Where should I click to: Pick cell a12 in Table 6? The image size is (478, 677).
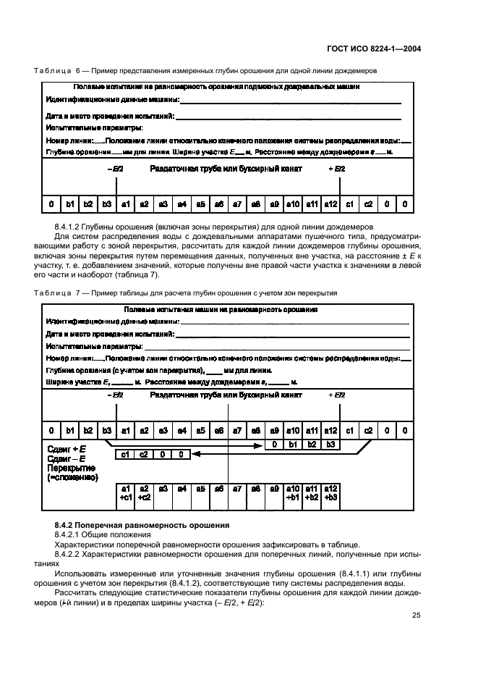[330, 204]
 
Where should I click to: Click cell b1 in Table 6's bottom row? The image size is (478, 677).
[69, 204]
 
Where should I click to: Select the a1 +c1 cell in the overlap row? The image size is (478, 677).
[125, 492]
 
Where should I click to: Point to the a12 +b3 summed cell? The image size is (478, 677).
[330, 492]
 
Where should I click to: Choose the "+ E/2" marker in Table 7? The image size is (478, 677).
[337, 395]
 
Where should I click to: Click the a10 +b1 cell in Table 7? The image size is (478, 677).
[293, 492]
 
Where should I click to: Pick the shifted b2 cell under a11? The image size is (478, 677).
[312, 444]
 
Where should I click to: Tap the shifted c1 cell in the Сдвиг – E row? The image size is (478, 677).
[125, 455]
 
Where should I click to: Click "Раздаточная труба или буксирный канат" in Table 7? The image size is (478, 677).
[226, 395]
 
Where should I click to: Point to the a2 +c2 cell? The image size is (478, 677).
[144, 492]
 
